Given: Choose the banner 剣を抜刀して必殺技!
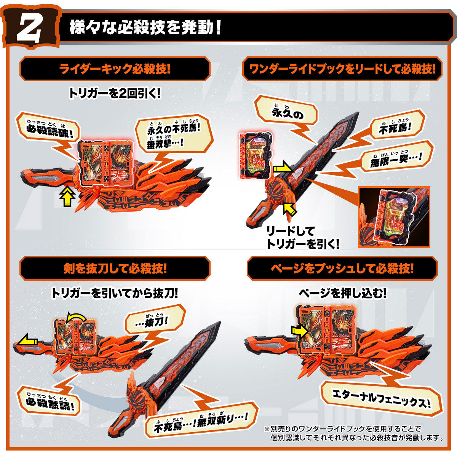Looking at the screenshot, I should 115,268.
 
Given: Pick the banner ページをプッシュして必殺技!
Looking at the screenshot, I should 342,268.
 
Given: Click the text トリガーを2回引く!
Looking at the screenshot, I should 115,93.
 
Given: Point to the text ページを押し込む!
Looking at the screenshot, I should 342,293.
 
